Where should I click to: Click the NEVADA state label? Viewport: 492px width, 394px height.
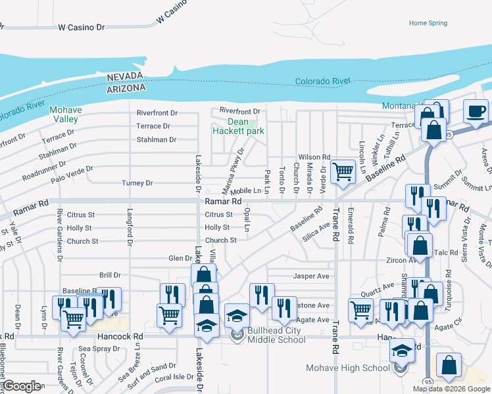(x=126, y=77)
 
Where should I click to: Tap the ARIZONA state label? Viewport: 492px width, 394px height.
(x=126, y=87)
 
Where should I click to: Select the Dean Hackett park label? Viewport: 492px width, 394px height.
(x=238, y=126)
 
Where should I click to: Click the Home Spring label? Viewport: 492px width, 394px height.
(x=428, y=23)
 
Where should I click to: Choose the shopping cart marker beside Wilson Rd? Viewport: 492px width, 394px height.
(x=343, y=171)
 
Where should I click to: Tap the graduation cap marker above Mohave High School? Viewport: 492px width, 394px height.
(x=402, y=349)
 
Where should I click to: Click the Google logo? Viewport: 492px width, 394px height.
(x=22, y=386)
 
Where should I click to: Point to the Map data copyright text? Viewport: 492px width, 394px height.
(x=450, y=389)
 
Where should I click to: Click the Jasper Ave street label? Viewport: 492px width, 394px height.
(x=311, y=276)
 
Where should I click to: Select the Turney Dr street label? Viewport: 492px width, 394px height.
(x=137, y=183)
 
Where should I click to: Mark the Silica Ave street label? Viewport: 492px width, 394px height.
(x=315, y=231)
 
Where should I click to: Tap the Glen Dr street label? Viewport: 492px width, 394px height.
(x=180, y=259)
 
